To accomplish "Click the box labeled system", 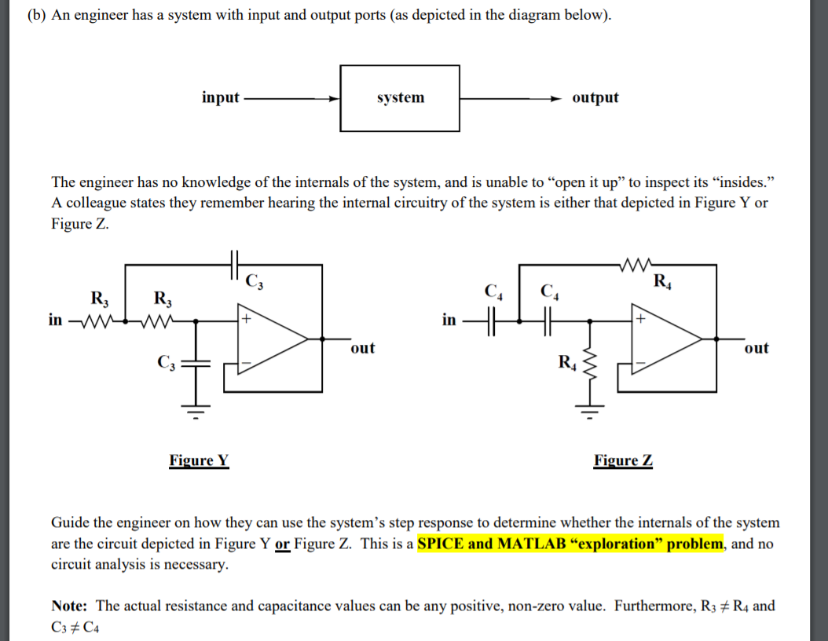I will (400, 98).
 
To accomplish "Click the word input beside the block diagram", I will (220, 97).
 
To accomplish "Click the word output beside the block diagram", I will (595, 97).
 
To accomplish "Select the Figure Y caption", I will (199, 460).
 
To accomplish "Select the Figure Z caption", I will (623, 460).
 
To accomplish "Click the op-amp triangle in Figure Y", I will (271, 339).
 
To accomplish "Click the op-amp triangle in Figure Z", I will (665, 339).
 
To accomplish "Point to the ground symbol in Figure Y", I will (196, 408).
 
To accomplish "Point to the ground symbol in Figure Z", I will (590, 408).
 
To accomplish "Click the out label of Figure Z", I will (756, 347).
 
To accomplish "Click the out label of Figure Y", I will (362, 347).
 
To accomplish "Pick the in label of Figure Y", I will (55, 320).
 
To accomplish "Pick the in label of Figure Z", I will (449, 320).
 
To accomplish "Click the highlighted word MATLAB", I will (527, 544).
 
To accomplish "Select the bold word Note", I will (71, 606).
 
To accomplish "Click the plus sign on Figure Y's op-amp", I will (246, 320).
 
